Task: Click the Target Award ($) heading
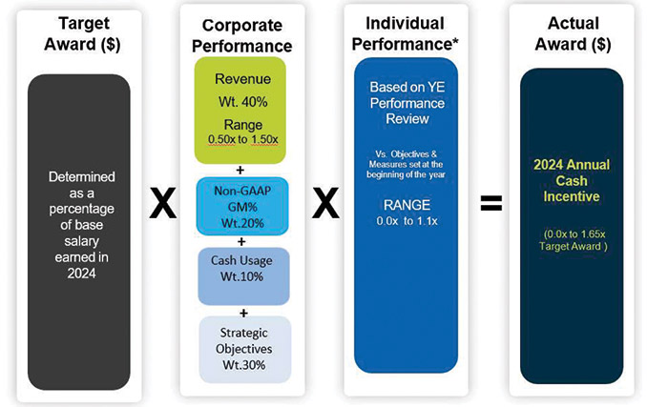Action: pos(80,33)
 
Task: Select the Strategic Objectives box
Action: pos(242,348)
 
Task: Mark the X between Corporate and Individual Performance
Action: pos(326,204)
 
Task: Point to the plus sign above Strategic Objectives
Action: pos(242,313)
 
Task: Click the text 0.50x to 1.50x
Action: pos(242,139)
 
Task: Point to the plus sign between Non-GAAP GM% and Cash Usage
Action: pos(242,240)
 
